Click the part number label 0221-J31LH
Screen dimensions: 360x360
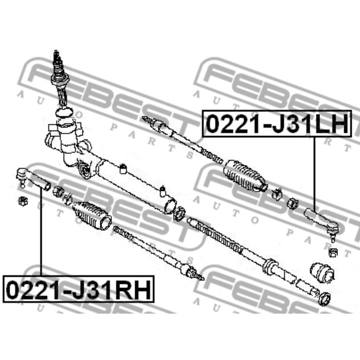point(277,123)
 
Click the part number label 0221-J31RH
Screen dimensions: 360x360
point(79,289)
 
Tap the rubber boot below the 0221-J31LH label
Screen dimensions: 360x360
point(245,176)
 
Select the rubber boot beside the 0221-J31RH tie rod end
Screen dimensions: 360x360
point(92,215)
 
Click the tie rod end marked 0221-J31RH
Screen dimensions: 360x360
point(33,179)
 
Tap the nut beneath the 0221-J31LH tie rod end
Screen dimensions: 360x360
point(333,253)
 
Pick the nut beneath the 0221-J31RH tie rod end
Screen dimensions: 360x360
point(23,201)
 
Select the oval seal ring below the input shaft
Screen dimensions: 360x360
point(64,113)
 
